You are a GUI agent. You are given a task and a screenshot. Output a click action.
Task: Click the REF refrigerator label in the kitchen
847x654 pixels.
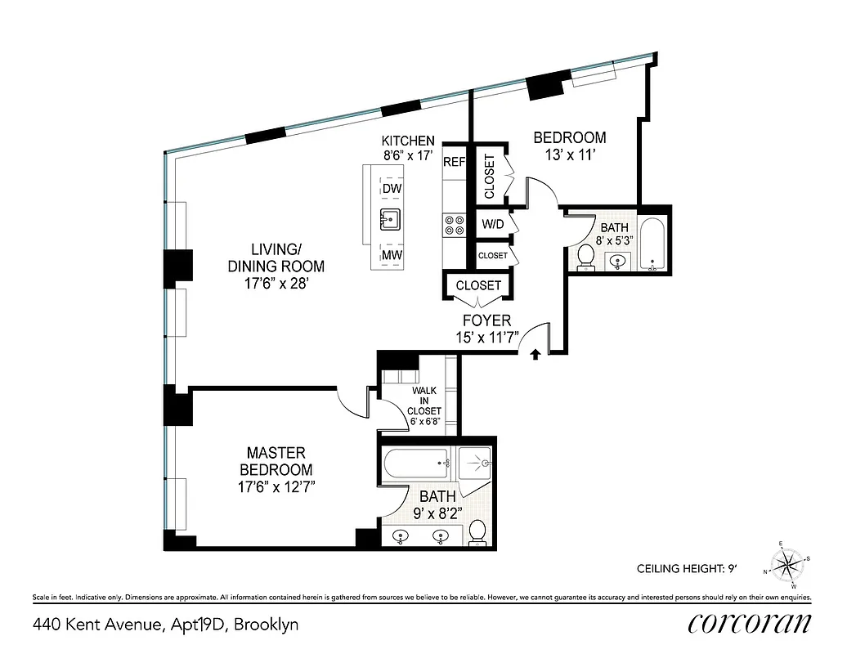454,162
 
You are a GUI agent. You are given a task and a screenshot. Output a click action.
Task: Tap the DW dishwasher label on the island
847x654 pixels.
392,189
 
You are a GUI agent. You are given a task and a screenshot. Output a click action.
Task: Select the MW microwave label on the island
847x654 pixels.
392,258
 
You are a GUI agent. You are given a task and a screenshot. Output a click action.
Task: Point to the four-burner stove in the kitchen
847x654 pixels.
453,225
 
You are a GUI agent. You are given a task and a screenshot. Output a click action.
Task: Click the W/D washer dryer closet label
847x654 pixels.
492,223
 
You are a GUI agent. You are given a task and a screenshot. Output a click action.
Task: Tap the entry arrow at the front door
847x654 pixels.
535,354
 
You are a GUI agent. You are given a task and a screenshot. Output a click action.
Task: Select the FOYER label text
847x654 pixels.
488,320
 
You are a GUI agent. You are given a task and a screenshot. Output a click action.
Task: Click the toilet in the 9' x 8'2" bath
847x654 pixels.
478,533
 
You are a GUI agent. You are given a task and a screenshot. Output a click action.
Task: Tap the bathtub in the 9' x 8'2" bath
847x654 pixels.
417,468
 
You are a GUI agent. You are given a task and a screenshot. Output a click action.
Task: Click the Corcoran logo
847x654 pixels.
750,623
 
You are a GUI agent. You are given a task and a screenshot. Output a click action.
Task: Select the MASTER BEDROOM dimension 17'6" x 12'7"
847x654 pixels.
276,487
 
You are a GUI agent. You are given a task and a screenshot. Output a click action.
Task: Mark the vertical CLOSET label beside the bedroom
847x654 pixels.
490,176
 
